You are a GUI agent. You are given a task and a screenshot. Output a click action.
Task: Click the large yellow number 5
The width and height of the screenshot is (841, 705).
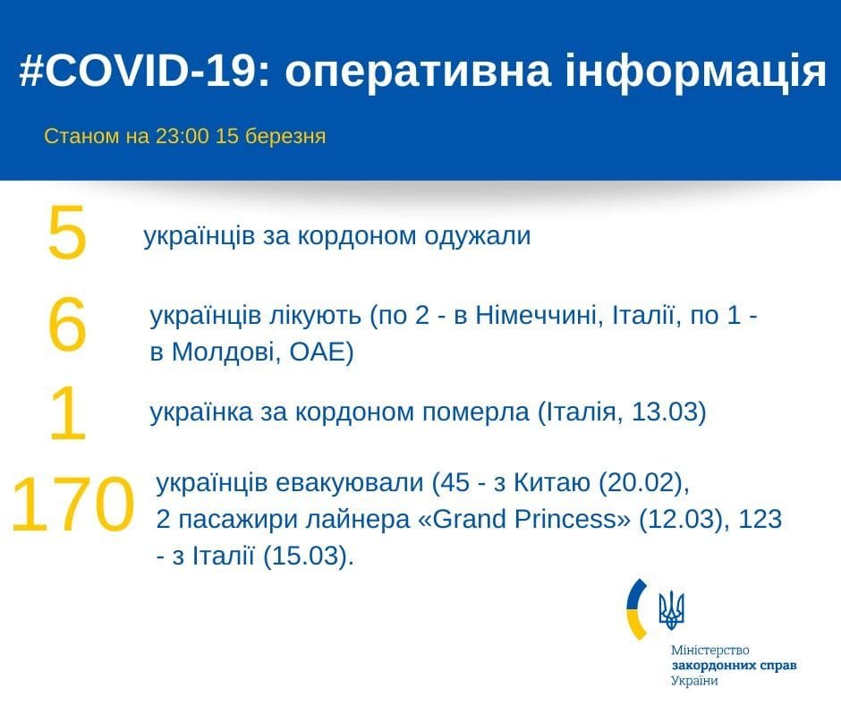[67, 234]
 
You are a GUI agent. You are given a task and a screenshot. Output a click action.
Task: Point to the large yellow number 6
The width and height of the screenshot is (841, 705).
[67, 326]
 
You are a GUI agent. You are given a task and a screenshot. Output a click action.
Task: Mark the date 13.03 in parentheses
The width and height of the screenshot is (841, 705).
[665, 413]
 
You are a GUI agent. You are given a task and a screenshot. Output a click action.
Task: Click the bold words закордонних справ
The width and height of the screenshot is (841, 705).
[734, 666]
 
